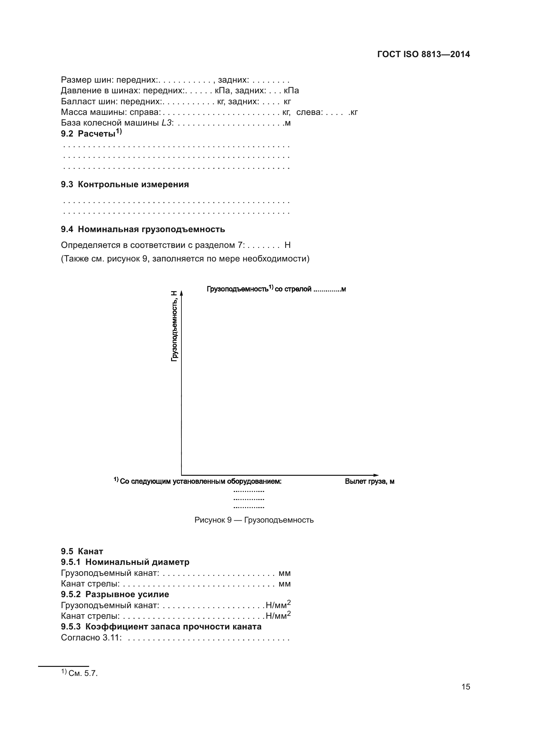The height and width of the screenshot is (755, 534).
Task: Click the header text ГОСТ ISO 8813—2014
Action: pos(424,55)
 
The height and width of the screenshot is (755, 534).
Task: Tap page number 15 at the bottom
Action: pos(466,687)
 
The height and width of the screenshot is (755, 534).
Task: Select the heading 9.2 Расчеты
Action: pos(91,134)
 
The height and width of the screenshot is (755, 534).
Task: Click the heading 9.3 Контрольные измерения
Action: pos(125,185)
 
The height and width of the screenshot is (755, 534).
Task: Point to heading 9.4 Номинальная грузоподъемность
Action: pos(143,229)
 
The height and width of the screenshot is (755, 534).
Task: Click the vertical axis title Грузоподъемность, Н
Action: pos(174,326)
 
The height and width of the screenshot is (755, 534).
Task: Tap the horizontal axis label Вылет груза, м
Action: pos(370,481)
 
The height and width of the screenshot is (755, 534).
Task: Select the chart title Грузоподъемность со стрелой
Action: pos(276,289)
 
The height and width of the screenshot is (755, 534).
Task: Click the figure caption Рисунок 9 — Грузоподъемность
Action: pos(254,520)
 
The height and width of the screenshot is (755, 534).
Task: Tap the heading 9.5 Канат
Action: pos(82,551)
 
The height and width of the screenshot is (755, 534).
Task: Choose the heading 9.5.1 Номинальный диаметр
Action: pos(125,562)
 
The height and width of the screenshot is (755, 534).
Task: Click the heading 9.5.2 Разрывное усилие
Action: pos(115,594)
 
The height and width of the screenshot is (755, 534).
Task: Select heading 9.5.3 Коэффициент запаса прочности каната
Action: pos(161,627)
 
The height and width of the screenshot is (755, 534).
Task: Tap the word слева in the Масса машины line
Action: pos(308,112)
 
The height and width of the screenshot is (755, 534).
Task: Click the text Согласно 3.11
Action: pos(91,638)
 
